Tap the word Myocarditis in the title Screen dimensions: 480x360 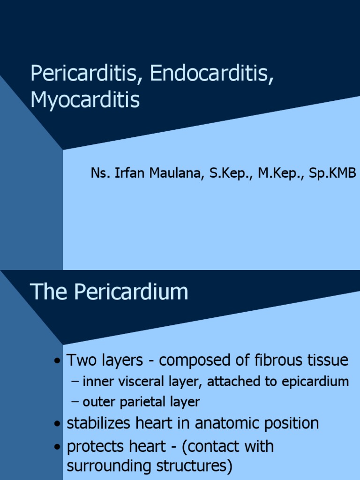click(x=85, y=100)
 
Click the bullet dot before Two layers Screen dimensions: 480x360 click(x=57, y=361)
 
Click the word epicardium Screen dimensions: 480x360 click(x=315, y=382)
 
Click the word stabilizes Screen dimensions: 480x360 click(x=98, y=423)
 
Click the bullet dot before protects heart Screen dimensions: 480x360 click(x=57, y=447)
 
